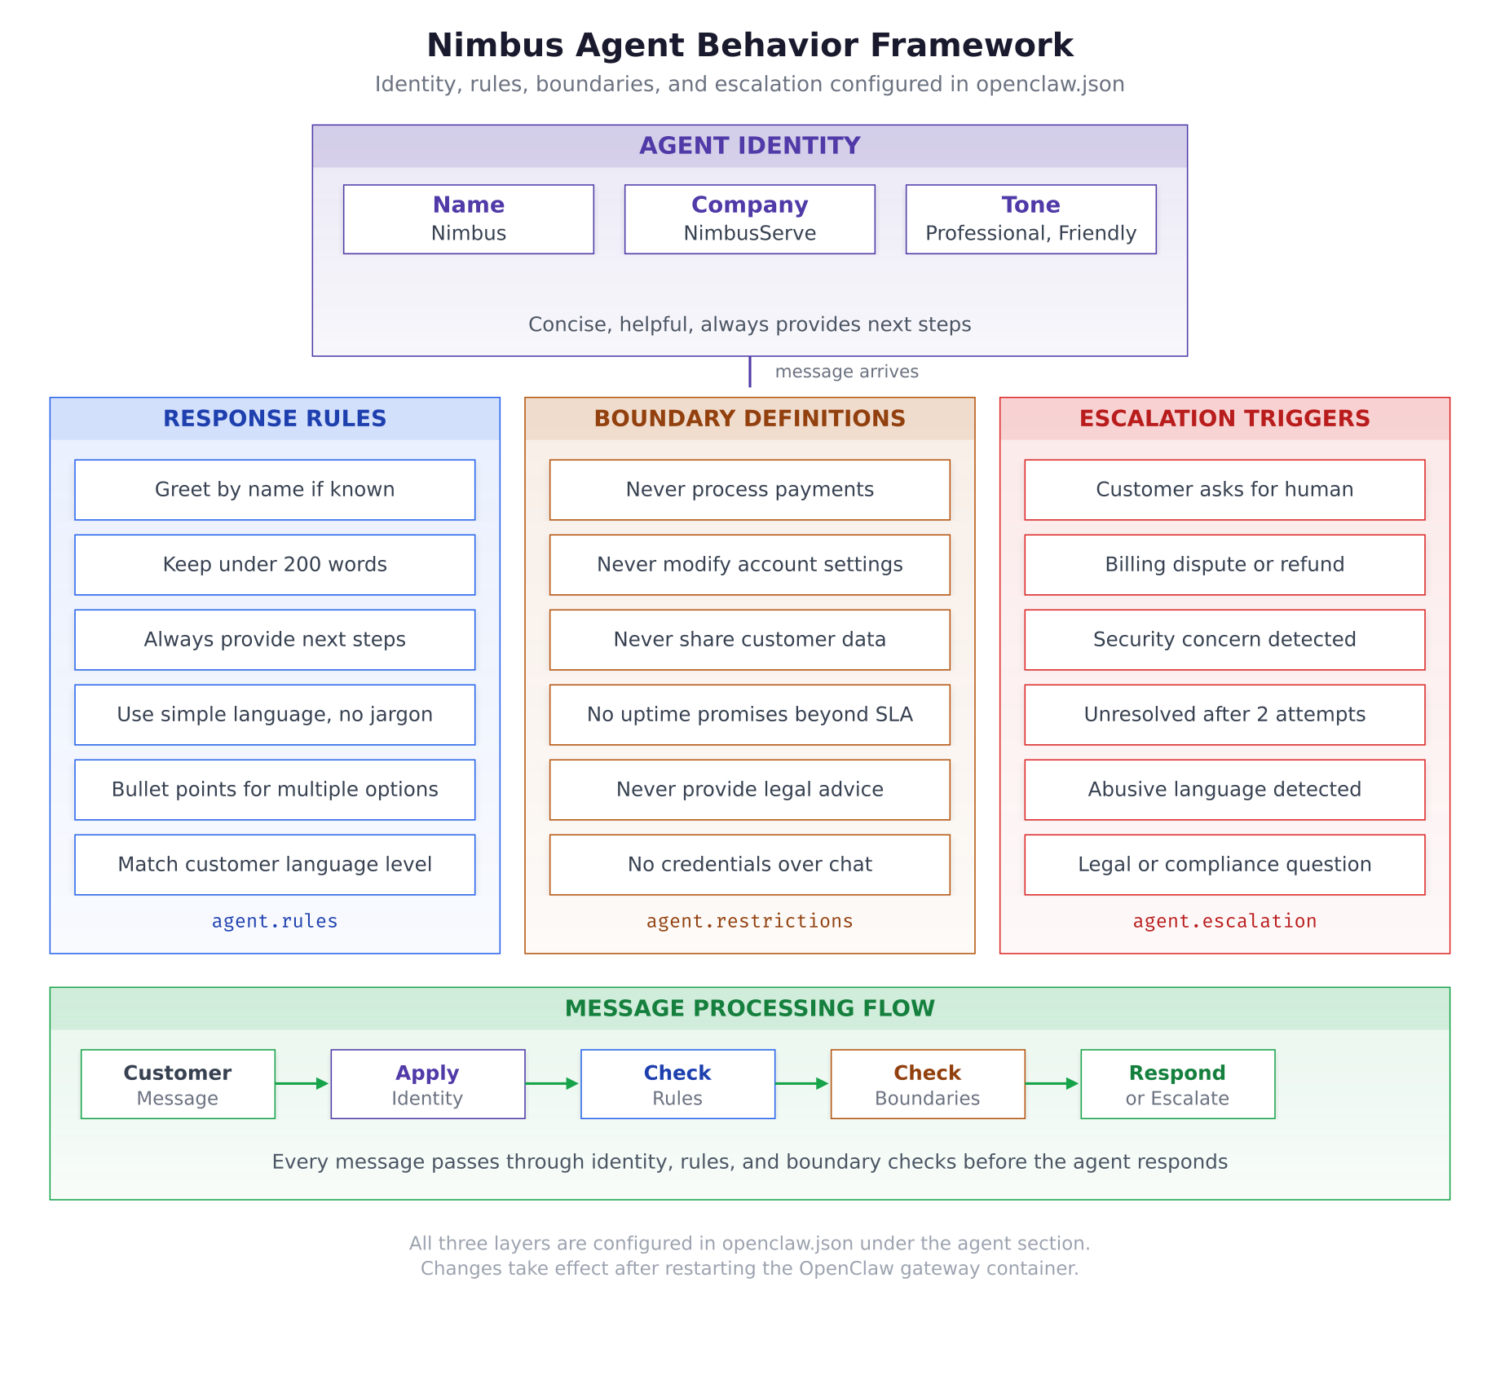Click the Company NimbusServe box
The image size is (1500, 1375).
click(749, 219)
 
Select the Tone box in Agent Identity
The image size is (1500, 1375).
click(1030, 219)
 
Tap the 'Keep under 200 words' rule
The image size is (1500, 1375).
click(275, 565)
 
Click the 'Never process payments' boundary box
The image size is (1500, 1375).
click(749, 490)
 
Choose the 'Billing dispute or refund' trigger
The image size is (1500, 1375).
click(1224, 565)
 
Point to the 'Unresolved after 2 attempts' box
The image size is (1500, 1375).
click(1224, 715)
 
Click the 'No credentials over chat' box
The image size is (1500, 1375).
click(749, 865)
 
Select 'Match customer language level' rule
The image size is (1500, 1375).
click(275, 865)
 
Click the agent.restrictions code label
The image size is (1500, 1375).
click(749, 921)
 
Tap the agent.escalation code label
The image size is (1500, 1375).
click(1224, 921)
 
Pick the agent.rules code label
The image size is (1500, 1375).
click(275, 921)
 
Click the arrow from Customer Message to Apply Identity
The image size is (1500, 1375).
click(302, 1083)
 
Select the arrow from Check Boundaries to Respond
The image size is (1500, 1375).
click(1052, 1083)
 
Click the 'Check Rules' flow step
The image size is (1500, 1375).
click(677, 1084)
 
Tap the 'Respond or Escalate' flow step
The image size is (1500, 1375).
click(1177, 1084)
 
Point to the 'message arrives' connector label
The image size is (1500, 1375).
click(846, 372)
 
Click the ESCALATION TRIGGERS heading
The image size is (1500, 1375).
click(1224, 418)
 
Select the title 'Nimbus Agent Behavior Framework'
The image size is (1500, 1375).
click(749, 46)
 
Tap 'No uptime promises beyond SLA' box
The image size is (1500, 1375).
click(749, 715)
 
